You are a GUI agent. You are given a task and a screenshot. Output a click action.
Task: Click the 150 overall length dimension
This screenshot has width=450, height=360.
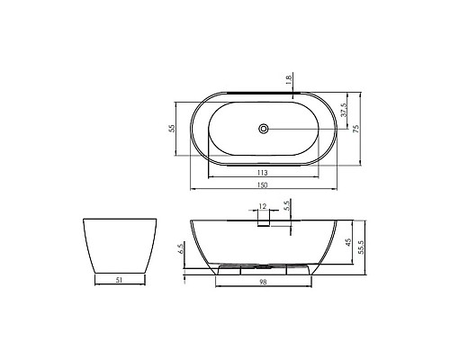(x=263, y=184)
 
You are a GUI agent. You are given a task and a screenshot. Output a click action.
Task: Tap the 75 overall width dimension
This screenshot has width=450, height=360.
(x=357, y=129)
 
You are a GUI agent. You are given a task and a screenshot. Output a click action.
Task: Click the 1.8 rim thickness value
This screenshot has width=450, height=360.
(x=288, y=80)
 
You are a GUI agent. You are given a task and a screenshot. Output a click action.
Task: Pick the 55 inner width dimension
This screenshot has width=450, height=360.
(x=172, y=129)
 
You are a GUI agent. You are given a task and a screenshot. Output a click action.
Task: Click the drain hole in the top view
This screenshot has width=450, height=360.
(x=263, y=129)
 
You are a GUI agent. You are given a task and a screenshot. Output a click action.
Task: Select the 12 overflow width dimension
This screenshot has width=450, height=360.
(x=263, y=208)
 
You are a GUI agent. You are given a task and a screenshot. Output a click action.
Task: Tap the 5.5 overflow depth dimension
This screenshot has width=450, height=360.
(x=286, y=206)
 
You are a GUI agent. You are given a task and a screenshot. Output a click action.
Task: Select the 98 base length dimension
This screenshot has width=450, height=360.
(x=263, y=283)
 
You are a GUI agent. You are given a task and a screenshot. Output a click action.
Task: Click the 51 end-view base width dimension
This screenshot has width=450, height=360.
(x=119, y=281)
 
